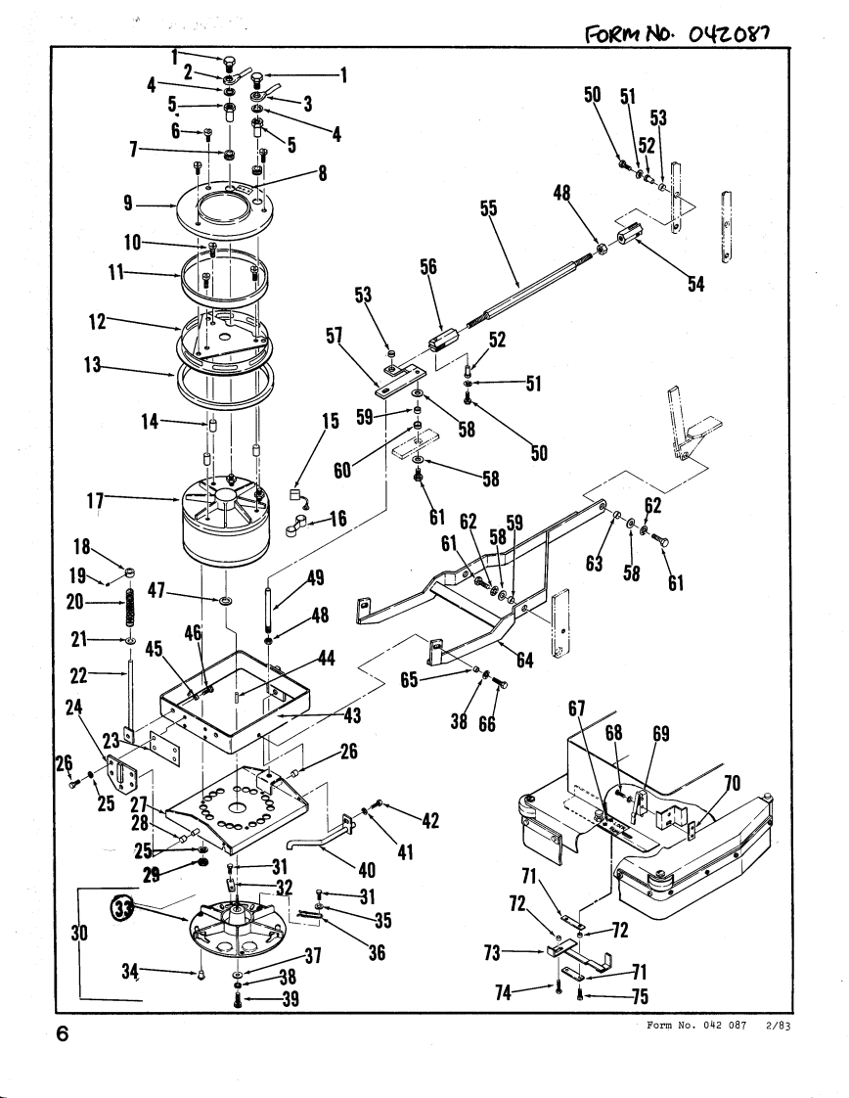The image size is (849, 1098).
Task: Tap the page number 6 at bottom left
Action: (63, 1033)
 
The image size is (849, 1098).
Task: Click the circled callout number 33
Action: (122, 908)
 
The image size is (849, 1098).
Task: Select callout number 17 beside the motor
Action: (95, 501)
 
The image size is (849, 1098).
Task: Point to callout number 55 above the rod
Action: (488, 208)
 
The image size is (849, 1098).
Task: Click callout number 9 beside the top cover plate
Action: (128, 204)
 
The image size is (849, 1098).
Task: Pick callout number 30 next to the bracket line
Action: (80, 933)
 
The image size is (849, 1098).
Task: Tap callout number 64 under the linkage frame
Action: (525, 661)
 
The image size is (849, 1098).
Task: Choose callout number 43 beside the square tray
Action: (352, 715)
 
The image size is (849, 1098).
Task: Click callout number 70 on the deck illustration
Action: (732, 783)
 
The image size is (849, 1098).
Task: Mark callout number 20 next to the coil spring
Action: (75, 602)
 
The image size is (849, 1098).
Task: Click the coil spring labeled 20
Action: (129, 607)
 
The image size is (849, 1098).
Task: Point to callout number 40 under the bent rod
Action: (367, 870)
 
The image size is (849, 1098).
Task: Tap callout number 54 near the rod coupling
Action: (695, 284)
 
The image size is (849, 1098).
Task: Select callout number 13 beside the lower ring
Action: (92, 365)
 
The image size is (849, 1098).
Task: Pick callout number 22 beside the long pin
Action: (78, 675)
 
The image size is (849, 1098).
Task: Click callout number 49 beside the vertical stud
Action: (316, 577)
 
